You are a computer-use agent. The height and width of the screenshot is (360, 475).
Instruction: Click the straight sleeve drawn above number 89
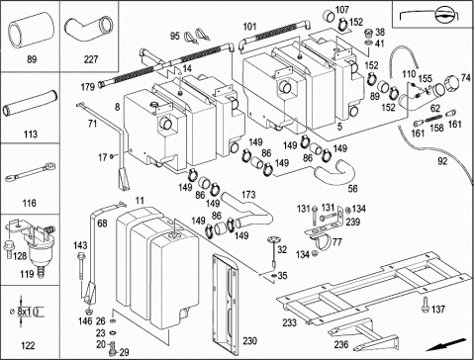click(31, 32)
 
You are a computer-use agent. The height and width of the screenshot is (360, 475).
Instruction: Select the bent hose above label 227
click(88, 28)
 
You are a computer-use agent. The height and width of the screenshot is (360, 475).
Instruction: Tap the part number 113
click(31, 135)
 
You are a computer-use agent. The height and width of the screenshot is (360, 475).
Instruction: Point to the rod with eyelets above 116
click(31, 172)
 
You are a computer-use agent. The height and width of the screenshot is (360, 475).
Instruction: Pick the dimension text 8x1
click(25, 311)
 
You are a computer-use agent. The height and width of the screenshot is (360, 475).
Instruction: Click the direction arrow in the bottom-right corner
click(445, 344)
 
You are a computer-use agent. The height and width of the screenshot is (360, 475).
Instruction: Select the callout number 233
click(289, 322)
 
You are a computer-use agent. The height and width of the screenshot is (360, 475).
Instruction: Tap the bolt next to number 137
click(426, 305)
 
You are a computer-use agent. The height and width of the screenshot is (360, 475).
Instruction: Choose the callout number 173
click(248, 195)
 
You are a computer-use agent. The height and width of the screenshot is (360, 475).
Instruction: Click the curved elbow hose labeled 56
click(334, 172)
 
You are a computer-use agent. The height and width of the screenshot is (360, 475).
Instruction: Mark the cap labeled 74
click(451, 84)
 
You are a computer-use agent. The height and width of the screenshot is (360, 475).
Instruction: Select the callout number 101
click(249, 27)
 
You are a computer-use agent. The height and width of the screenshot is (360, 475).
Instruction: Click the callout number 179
click(88, 87)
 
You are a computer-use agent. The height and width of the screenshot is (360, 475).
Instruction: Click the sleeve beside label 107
click(329, 16)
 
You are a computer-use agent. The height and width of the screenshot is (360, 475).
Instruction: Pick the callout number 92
click(442, 161)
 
